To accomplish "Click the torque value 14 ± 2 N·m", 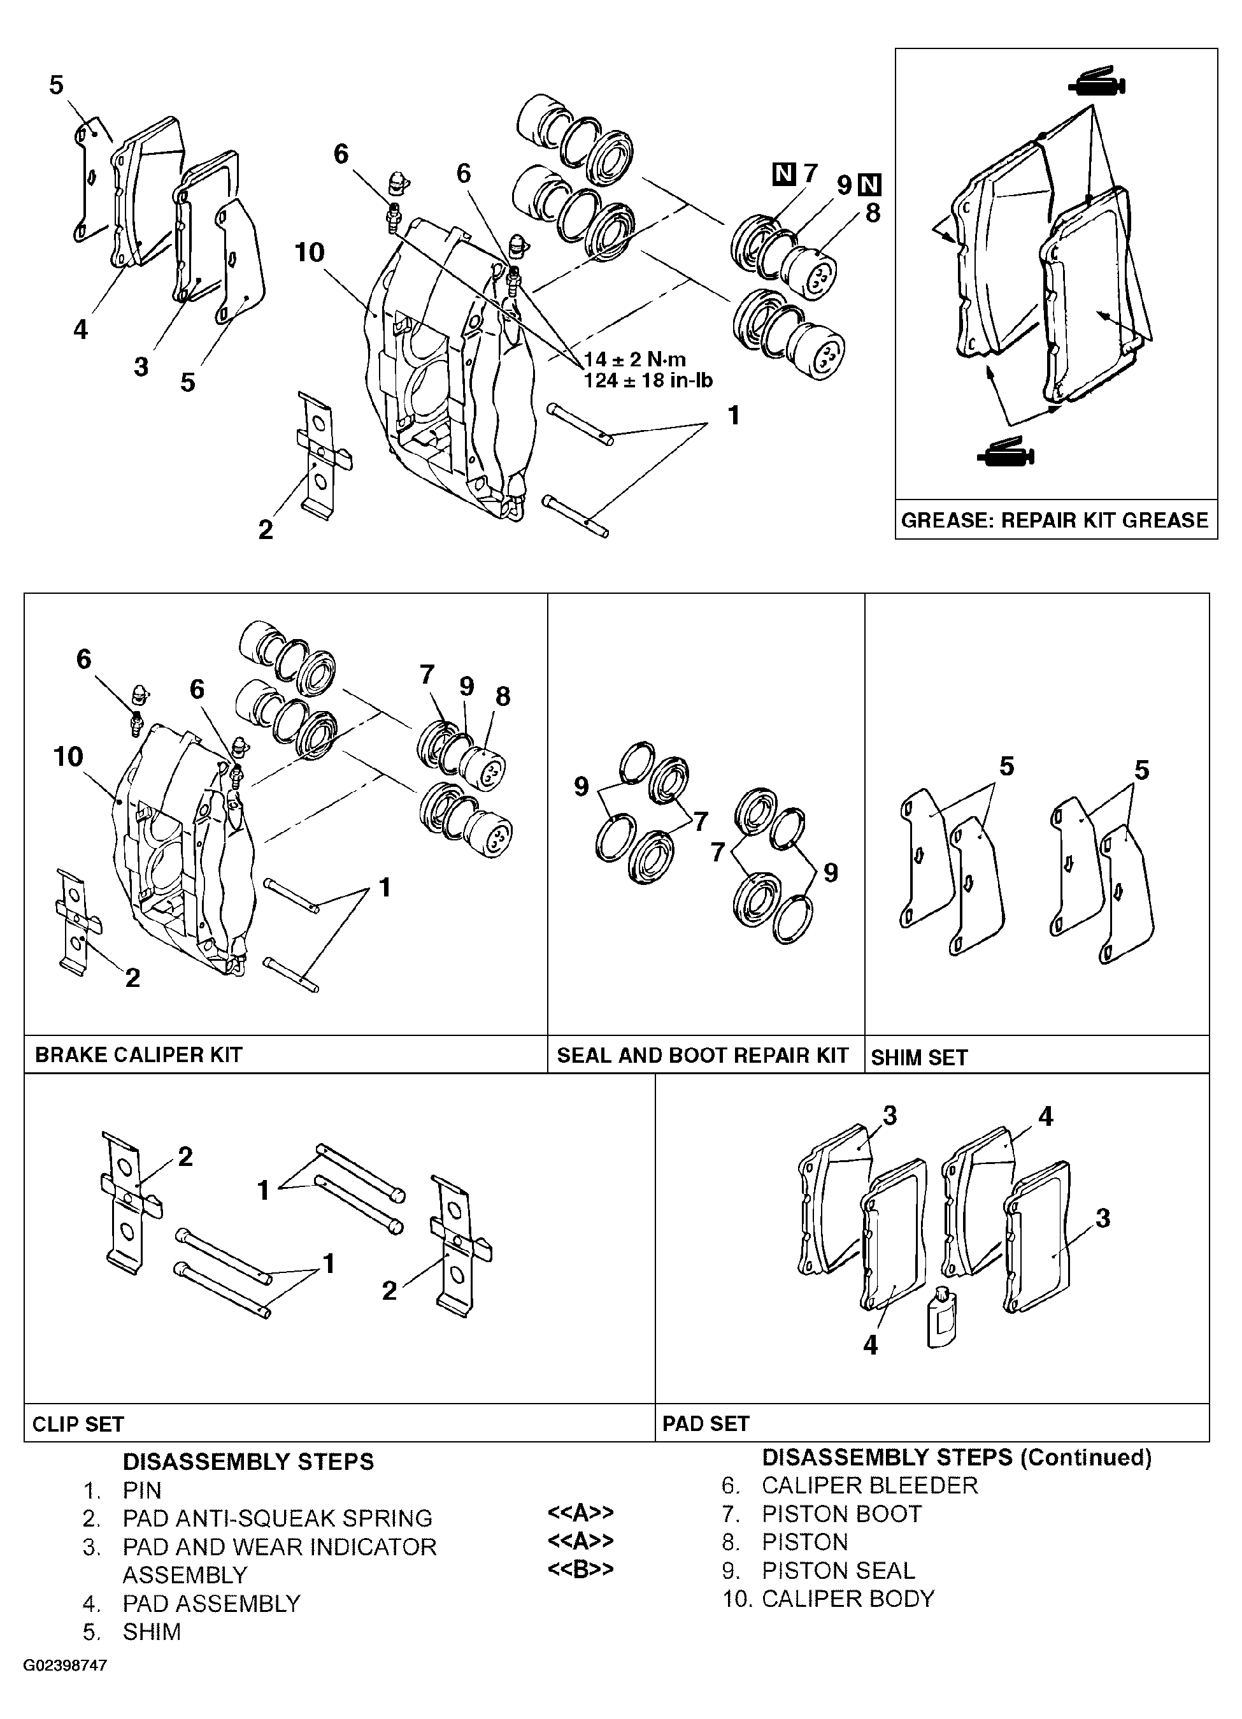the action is pos(635,359).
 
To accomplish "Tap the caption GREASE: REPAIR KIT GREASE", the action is pos(1055,520).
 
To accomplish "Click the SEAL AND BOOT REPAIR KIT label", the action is pos(703,1055).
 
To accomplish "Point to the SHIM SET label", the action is pos(919,1057).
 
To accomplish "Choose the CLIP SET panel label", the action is pos(78,1424).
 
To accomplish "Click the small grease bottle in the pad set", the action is pos(942,1319).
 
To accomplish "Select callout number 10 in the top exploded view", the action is pos(309,252).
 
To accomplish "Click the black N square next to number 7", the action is pos(783,175).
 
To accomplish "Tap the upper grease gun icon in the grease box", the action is pos(1097,81).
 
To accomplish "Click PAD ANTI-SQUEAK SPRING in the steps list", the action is pos(277,1518).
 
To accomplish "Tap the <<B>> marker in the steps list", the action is pos(580,1568).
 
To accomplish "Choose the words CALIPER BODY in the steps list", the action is pos(848,1599).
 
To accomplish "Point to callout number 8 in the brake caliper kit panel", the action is pos(503,696).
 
